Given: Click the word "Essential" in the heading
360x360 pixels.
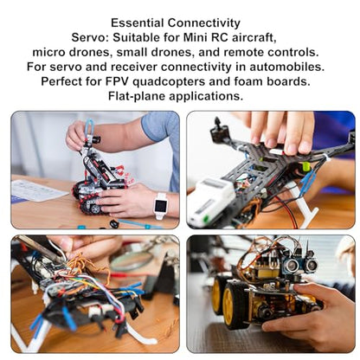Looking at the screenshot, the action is pos(138,23).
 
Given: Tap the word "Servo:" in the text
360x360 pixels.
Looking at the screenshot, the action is pos(90,37).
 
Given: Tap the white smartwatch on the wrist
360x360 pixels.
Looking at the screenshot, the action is pos(160,205).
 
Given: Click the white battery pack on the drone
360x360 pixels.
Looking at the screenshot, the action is pos(210,200).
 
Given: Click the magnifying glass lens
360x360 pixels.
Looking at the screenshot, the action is pos(132,260).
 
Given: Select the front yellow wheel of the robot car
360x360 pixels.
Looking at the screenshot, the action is pos(234,305).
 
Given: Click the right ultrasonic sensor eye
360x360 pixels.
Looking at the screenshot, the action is pos(311,264).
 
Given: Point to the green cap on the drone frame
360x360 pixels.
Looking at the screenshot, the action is pos(305,166).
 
